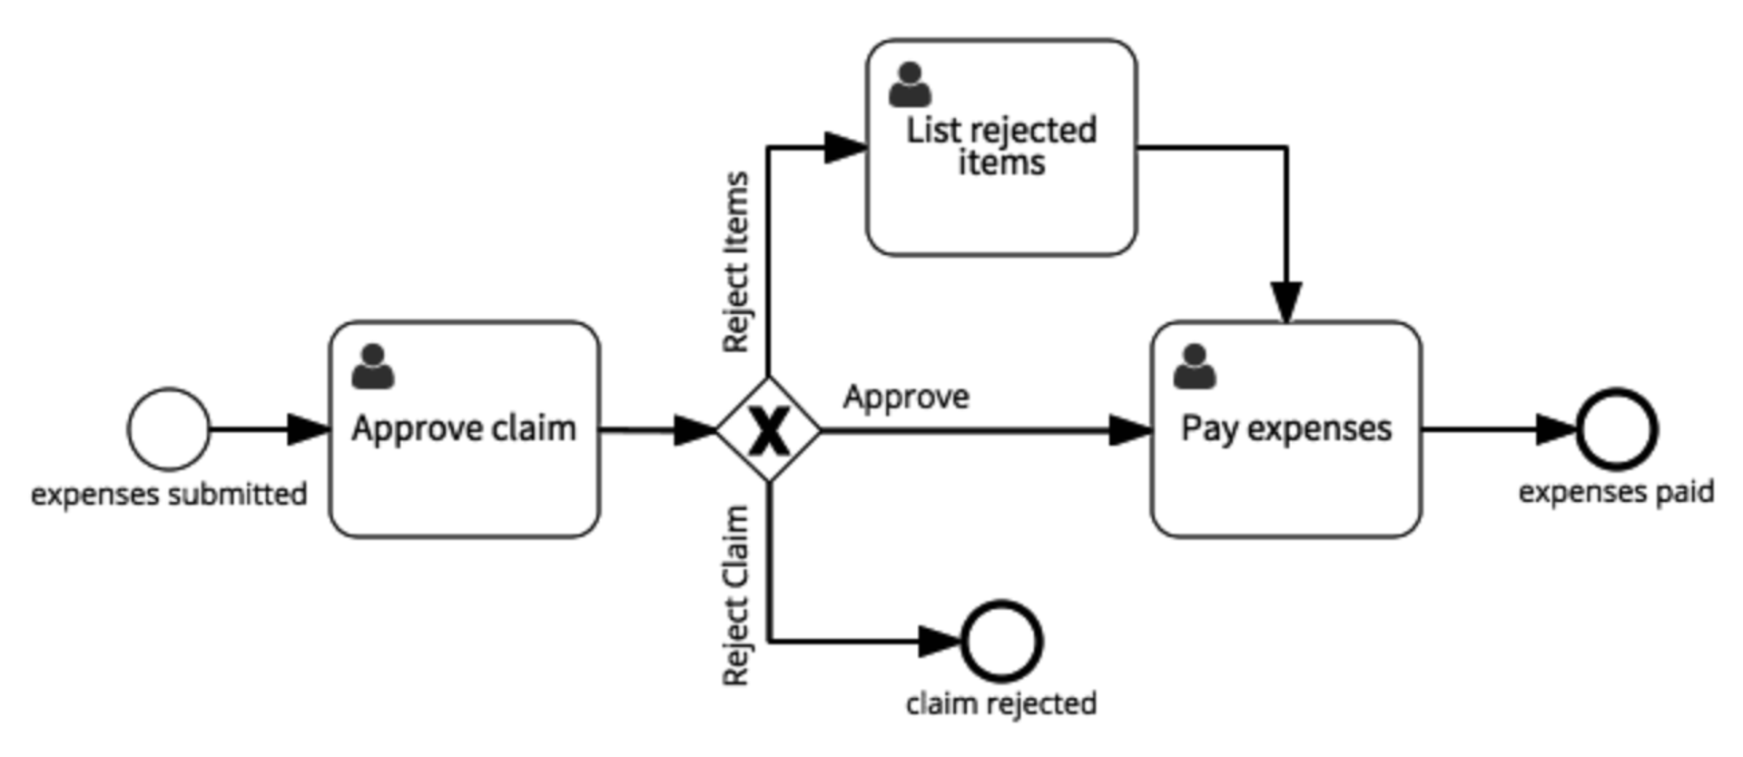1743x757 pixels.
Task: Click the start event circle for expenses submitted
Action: (x=169, y=429)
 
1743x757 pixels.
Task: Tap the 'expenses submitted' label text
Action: (x=169, y=495)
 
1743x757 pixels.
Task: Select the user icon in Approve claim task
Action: (x=373, y=367)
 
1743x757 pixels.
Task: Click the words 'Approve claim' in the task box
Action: (x=464, y=428)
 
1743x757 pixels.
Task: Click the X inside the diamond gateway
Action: (x=768, y=431)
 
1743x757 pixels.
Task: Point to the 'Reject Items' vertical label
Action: (x=736, y=262)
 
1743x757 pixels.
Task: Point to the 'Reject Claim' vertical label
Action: (x=736, y=595)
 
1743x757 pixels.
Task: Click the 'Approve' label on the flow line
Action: (x=906, y=397)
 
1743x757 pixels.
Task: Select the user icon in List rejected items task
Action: (x=911, y=85)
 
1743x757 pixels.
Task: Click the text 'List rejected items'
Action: (x=1001, y=145)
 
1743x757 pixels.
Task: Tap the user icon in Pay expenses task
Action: (x=1195, y=367)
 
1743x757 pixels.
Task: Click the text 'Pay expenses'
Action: (x=1285, y=428)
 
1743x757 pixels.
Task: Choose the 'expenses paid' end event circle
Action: (x=1617, y=429)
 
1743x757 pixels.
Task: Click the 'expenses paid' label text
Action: (x=1616, y=492)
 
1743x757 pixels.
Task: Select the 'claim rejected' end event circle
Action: (x=1001, y=641)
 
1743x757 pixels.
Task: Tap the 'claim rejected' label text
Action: (x=1001, y=703)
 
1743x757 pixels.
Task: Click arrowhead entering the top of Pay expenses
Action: (x=1286, y=302)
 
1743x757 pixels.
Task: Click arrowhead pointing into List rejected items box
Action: (x=844, y=147)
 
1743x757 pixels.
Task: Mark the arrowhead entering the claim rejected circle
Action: (x=940, y=642)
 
